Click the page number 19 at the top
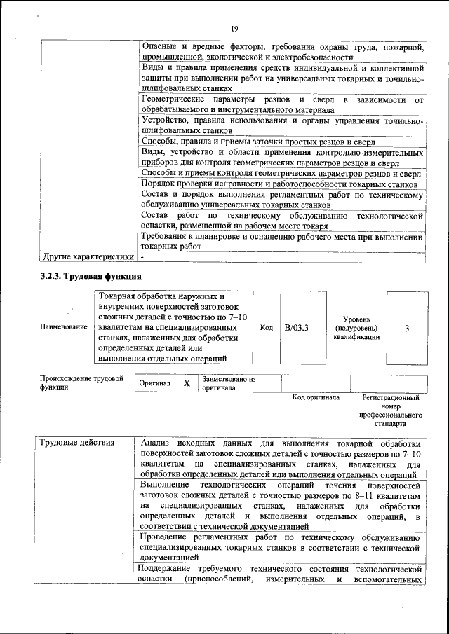click(x=235, y=28)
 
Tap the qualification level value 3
click(x=407, y=327)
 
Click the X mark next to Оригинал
click(x=187, y=384)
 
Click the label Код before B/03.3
click(x=266, y=327)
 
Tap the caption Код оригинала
click(x=316, y=397)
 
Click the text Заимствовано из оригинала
click(x=229, y=383)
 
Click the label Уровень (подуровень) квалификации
click(x=356, y=327)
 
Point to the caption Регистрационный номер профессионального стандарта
click(x=391, y=411)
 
